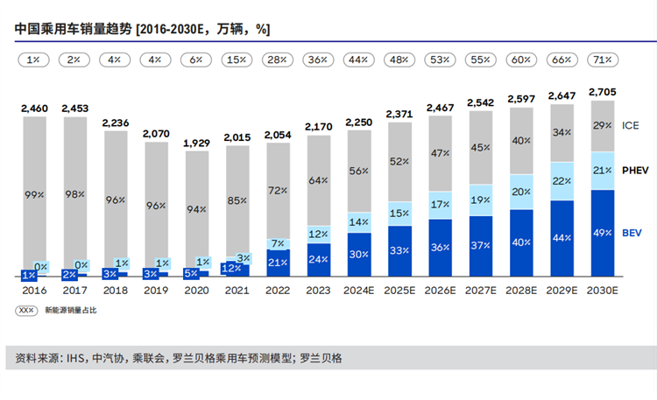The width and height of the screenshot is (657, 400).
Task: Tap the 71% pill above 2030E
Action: click(602, 60)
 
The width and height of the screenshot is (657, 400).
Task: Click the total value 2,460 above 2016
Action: click(35, 109)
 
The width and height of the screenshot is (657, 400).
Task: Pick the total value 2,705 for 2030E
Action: click(602, 91)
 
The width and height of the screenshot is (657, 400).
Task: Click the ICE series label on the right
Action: click(631, 125)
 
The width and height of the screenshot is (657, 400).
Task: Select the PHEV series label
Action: click(635, 170)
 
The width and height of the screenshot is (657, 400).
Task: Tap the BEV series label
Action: click(632, 234)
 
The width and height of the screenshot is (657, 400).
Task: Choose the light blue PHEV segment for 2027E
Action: click(481, 200)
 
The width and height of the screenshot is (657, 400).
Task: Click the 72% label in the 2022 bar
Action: click(278, 190)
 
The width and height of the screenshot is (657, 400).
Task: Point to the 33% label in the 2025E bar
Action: click(399, 250)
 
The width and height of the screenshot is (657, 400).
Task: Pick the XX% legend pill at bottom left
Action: click(27, 310)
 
